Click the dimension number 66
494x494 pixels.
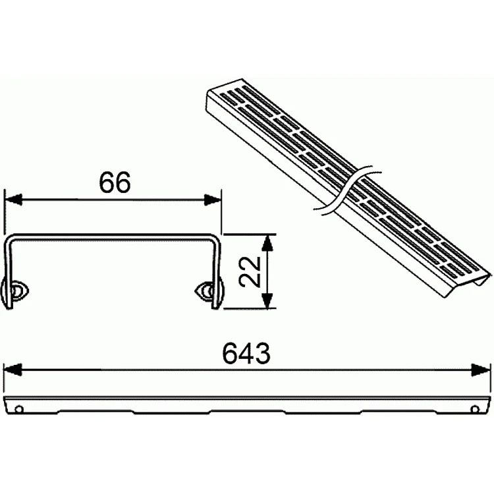[115, 182]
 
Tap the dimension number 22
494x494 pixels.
[250, 271]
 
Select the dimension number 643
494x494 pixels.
[246, 353]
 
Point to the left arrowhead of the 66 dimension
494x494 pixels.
[14, 200]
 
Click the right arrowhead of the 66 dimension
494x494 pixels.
[212, 200]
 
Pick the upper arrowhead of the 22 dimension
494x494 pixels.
[267, 242]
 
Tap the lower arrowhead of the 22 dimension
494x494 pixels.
[267, 300]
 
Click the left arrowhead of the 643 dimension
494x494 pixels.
[13, 370]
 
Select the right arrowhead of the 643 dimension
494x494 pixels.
[481, 370]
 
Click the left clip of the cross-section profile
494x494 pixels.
[15, 290]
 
